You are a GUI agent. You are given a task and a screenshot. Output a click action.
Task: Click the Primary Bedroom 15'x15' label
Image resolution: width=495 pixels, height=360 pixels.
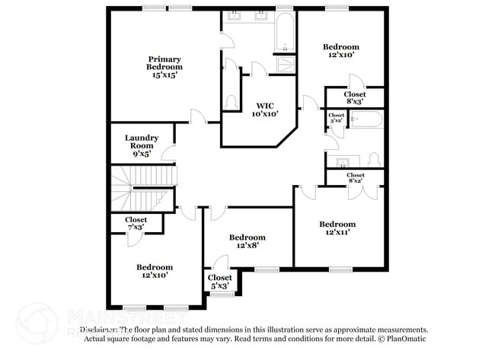(x=165, y=67)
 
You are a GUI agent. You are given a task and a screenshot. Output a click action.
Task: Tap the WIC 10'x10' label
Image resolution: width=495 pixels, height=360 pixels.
(x=264, y=110)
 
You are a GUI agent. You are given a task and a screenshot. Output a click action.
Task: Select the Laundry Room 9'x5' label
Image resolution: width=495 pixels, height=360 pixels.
(x=142, y=145)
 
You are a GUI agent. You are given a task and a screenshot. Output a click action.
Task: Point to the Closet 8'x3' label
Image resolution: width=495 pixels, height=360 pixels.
(x=355, y=97)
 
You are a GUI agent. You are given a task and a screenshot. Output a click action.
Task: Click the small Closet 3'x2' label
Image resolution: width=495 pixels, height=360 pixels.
(x=336, y=118)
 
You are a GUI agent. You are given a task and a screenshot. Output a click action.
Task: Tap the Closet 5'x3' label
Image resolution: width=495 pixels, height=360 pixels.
(x=219, y=282)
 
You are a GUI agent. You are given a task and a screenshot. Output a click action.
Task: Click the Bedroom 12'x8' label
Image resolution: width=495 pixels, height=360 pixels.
(x=247, y=241)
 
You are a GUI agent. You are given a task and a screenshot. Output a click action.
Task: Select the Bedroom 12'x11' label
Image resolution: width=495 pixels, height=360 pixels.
(x=337, y=228)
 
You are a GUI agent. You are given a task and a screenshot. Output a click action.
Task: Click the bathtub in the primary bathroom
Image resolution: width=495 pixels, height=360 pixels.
(x=284, y=32)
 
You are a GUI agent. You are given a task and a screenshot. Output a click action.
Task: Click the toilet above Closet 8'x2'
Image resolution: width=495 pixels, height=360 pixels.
(x=373, y=160)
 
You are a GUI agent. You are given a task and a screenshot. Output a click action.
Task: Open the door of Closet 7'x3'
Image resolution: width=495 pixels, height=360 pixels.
(x=133, y=237)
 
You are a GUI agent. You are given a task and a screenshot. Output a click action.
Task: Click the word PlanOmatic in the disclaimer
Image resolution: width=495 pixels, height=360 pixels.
(x=407, y=338)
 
